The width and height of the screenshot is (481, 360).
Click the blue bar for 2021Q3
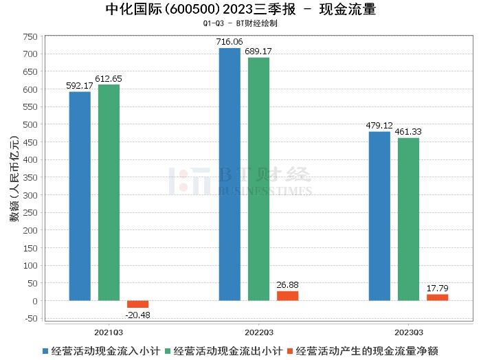[x=80, y=196]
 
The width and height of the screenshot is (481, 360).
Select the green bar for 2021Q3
[x=109, y=192]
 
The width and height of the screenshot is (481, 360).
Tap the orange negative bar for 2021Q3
[x=137, y=304]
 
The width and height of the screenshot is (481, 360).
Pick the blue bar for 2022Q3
[x=230, y=175]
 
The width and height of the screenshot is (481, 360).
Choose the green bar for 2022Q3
[x=258, y=179]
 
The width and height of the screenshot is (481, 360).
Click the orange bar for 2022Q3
[x=287, y=295]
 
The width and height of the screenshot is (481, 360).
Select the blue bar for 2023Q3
[x=379, y=216]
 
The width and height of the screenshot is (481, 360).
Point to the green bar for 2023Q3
[x=408, y=219]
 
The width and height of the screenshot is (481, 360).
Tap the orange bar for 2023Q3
[x=437, y=297]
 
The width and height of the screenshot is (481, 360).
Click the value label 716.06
[x=230, y=42]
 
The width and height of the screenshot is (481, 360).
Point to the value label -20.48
[x=138, y=315]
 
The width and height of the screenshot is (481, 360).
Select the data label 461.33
[x=408, y=132]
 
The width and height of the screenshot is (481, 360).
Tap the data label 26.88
[x=287, y=285]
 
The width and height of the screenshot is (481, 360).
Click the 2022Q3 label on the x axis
[x=258, y=330]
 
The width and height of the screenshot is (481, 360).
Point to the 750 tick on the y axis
[x=30, y=36]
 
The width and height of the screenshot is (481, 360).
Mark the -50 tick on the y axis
[x=30, y=318]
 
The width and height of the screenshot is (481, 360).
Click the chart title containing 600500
[x=240, y=10]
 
